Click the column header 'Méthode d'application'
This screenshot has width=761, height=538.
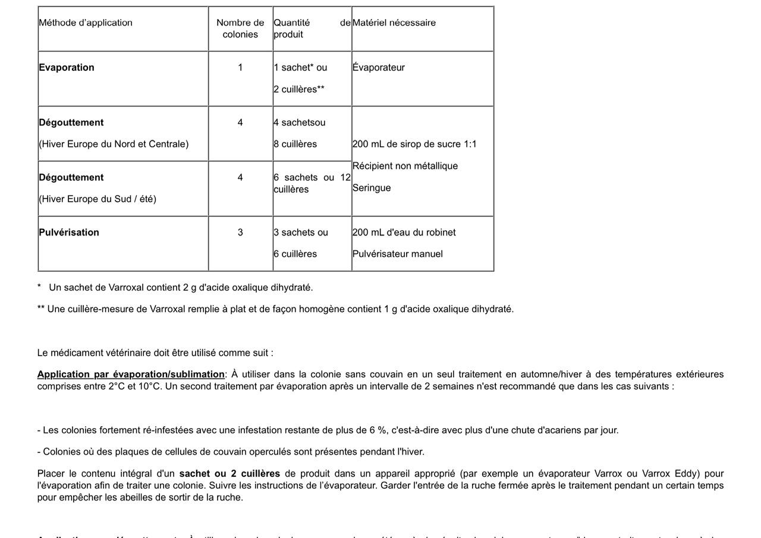(86, 23)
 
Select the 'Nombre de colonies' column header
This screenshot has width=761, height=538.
(240, 29)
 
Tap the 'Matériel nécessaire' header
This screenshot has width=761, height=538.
(394, 23)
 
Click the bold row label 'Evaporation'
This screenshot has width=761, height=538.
(67, 67)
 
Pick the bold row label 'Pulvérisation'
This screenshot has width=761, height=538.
(69, 232)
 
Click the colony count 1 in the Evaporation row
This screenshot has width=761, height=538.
(240, 67)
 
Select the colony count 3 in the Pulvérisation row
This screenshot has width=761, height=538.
(240, 232)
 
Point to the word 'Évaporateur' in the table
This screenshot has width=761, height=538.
(379, 67)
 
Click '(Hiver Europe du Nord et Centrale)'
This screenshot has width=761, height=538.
(114, 144)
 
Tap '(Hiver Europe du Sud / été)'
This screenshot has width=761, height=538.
(98, 199)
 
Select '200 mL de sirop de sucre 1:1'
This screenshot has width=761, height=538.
(414, 144)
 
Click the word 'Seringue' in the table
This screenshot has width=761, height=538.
(372, 188)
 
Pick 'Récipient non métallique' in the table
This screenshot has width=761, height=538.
(405, 166)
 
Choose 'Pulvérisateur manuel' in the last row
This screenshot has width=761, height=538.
(398, 254)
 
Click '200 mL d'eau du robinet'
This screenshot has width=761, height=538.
(404, 232)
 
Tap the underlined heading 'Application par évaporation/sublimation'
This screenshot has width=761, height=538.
(131, 375)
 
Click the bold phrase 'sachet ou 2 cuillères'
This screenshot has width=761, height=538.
(229, 474)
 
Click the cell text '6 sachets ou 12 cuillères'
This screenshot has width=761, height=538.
(312, 183)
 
